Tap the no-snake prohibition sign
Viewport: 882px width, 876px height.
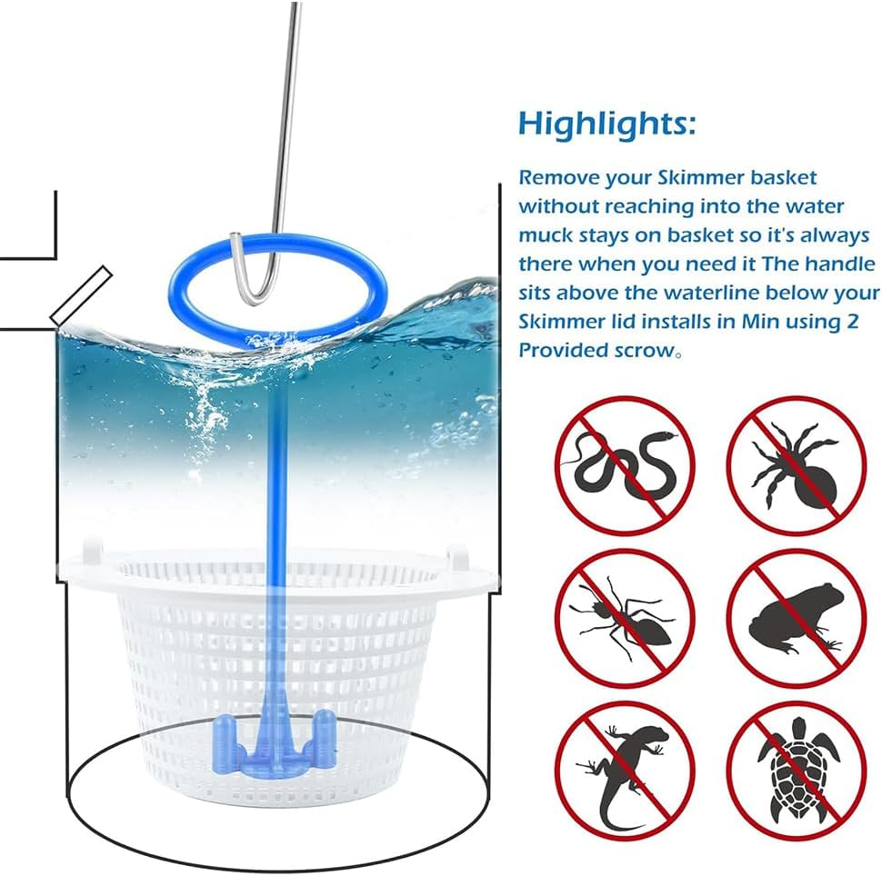click(624, 464)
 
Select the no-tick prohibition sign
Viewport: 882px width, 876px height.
click(796, 464)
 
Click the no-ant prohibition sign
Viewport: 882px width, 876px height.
click(624, 619)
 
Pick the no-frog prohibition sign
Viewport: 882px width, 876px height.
click(796, 619)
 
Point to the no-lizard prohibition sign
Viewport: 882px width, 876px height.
click(624, 771)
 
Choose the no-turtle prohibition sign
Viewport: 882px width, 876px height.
click(796, 771)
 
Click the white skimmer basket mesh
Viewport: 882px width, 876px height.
click(182, 654)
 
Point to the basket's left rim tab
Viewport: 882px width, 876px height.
click(90, 552)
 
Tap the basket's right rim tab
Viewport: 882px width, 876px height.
click(460, 556)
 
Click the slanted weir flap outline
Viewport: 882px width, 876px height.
click(81, 294)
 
